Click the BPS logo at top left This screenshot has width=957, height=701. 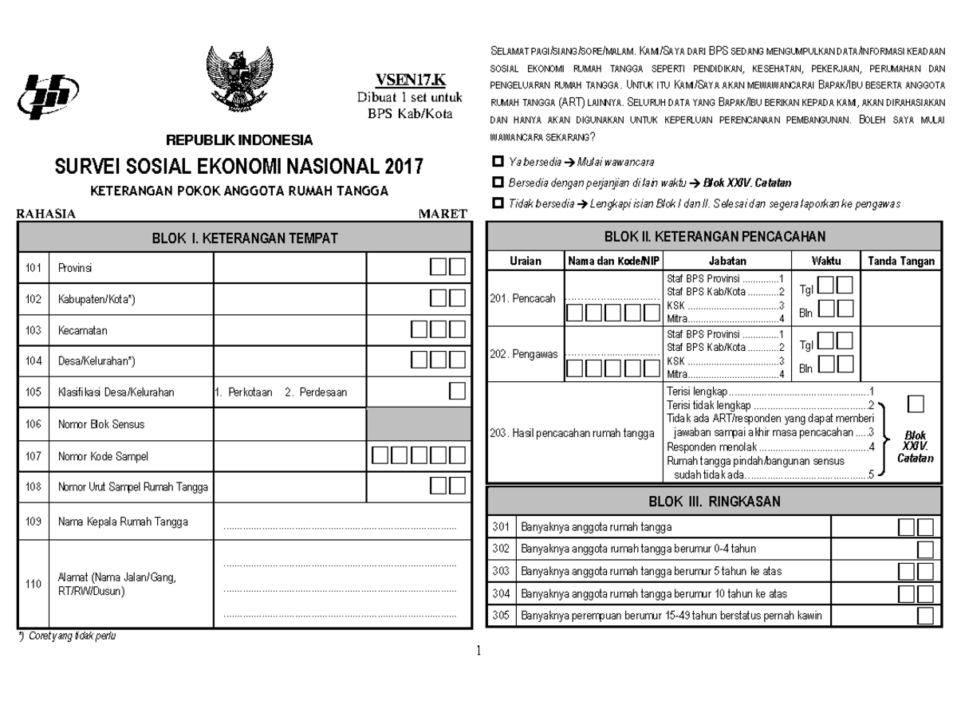[47, 94]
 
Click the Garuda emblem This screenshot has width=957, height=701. [238, 82]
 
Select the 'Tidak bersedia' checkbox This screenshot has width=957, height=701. [499, 203]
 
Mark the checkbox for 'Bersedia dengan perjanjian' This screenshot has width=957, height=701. [499, 183]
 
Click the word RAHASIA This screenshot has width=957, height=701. [46, 214]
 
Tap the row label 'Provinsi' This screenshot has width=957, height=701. [75, 268]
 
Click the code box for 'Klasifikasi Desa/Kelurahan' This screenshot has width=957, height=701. [457, 391]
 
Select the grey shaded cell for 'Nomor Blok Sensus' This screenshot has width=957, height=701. [417, 424]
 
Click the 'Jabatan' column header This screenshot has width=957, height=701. [727, 261]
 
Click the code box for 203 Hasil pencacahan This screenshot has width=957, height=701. [916, 404]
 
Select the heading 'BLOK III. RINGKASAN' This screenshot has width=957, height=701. [714, 502]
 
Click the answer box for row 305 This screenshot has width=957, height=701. [924, 616]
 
